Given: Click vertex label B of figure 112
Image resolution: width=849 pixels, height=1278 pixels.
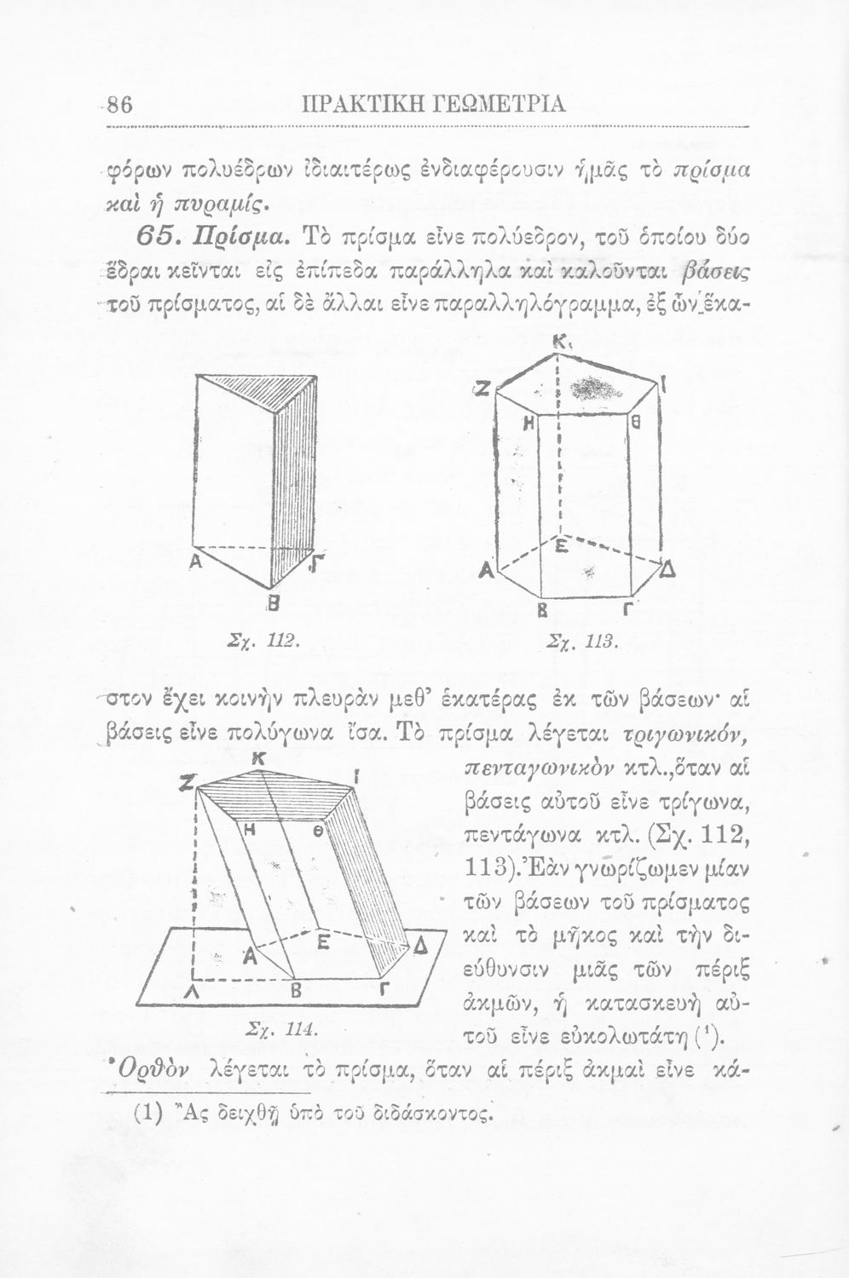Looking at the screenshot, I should click(x=274, y=606).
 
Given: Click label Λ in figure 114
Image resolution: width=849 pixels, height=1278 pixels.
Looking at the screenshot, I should click(x=196, y=994).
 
